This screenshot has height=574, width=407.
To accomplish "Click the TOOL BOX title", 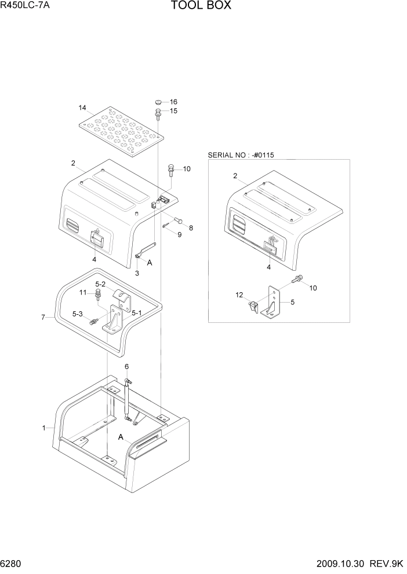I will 201,6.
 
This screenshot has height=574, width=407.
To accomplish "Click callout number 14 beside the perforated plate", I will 82,108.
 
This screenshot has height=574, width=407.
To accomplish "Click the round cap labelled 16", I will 158,102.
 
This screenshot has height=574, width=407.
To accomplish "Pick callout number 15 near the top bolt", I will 173,111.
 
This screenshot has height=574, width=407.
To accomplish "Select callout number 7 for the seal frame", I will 43,318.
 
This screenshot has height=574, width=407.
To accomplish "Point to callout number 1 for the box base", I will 43,428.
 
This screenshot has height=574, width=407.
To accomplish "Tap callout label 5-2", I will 100,284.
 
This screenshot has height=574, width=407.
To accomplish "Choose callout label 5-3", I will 77,314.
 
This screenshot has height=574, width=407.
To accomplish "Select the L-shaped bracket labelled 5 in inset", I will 272,301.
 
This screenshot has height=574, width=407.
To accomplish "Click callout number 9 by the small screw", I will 179,234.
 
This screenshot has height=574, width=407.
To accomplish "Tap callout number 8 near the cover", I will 191,227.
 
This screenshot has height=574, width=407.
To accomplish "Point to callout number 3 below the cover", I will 137,273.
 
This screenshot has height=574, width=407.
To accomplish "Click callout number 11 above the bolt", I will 83,293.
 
